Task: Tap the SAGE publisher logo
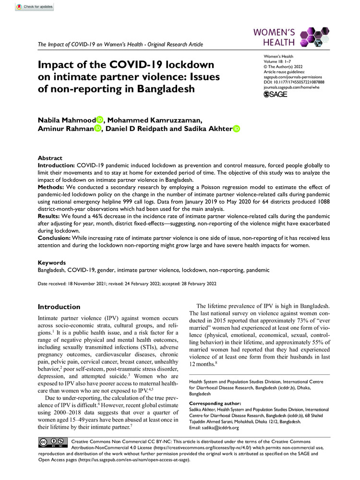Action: (x=276, y=95)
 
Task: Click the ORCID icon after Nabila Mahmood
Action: (x=99, y=120)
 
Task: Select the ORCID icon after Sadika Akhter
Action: (x=236, y=129)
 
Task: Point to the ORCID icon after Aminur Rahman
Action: (x=98, y=129)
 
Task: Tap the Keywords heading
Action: (x=52, y=263)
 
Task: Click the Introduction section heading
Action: (x=60, y=307)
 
